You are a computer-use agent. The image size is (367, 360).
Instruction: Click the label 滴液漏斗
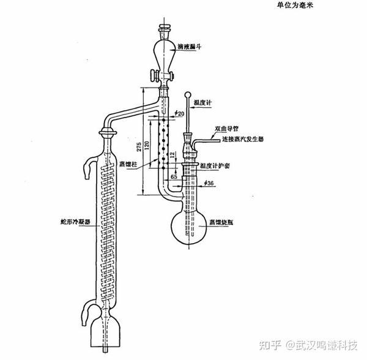point(191,46)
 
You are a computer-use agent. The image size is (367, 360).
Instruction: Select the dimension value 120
point(149,149)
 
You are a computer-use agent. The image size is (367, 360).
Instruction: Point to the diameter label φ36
point(208,183)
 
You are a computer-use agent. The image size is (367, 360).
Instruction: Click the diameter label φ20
point(179,113)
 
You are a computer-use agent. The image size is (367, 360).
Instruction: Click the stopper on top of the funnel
point(164,28)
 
